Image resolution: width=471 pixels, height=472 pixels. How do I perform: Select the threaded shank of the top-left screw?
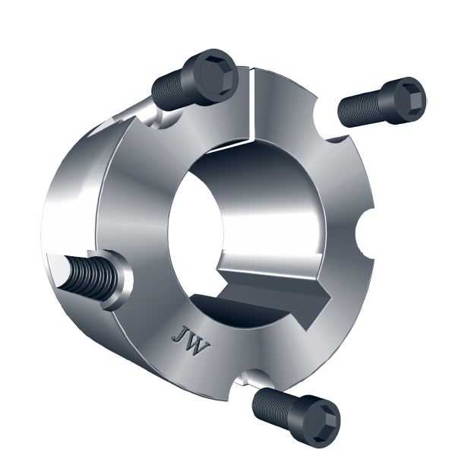pos(173,89)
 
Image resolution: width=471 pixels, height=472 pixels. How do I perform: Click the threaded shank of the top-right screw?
pos(360,109)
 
